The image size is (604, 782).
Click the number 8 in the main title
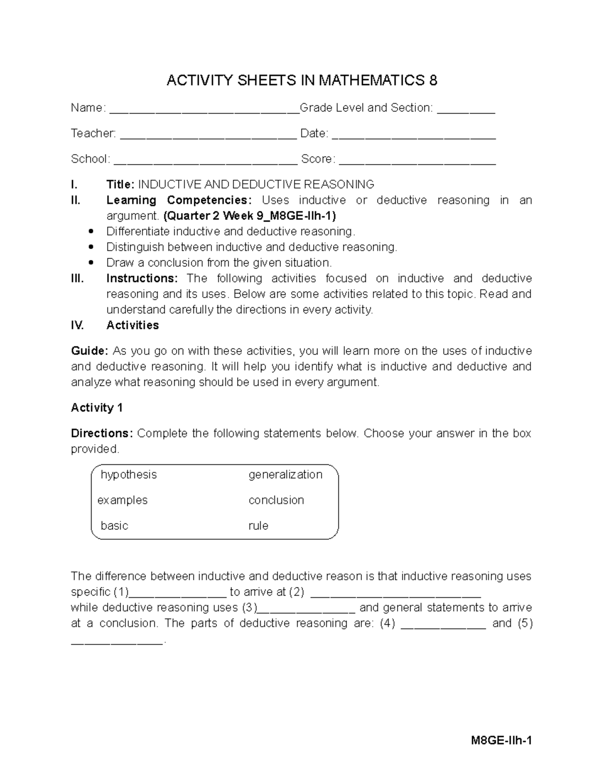point(432,81)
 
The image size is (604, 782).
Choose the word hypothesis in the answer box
point(129,475)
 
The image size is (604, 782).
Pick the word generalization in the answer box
point(285,475)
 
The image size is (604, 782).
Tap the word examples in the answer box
point(122,501)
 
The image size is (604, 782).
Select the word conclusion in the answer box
point(276,501)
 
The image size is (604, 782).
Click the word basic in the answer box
point(114,526)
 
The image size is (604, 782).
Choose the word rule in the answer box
point(258,526)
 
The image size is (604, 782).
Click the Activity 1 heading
point(97,408)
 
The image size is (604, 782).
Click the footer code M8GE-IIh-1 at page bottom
point(501,741)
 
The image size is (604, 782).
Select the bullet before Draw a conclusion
point(91,263)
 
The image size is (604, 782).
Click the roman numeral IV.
point(78,325)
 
